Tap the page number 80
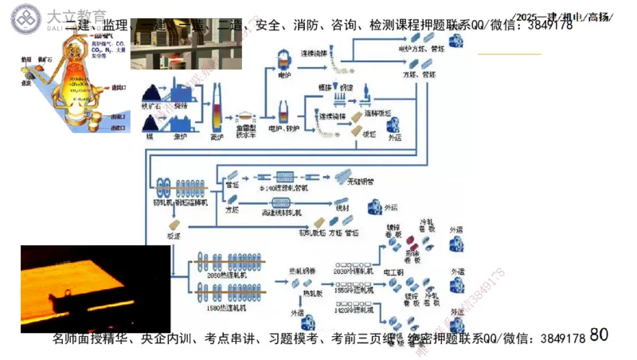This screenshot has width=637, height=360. (599, 335)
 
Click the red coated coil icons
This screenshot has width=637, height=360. (410, 241)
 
